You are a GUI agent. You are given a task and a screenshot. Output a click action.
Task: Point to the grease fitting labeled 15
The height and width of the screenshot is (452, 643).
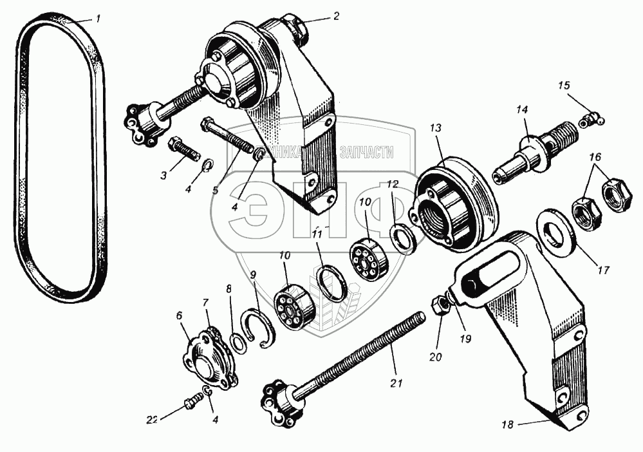590,119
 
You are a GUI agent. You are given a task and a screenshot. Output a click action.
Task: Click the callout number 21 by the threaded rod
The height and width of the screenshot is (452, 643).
395,384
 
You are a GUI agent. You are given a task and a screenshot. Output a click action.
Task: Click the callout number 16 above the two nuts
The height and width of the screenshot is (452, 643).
595,156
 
